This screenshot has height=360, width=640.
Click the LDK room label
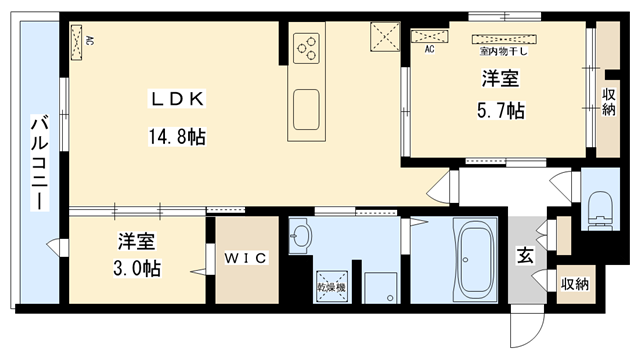179,99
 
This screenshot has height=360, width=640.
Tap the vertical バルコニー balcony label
38,162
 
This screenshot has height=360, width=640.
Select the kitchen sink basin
306,103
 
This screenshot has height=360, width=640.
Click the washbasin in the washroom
302,238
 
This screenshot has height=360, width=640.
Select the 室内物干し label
503,49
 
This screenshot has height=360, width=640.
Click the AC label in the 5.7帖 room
430,48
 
